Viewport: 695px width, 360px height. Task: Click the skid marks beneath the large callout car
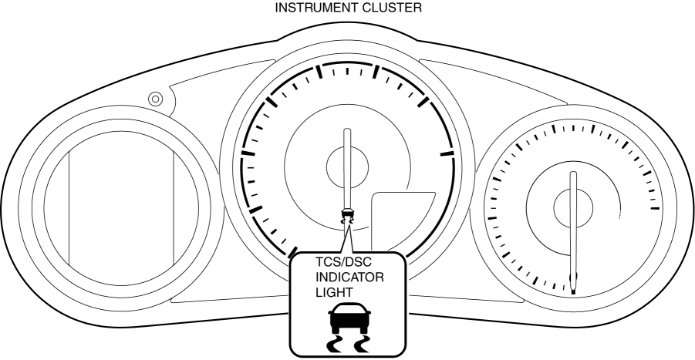[x=346, y=341]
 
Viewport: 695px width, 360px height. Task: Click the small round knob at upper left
[x=155, y=99]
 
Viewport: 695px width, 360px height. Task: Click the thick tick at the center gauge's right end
[x=447, y=154]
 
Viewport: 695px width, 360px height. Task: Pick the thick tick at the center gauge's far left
[x=248, y=154]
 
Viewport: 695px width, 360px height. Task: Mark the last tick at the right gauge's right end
[x=655, y=207]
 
